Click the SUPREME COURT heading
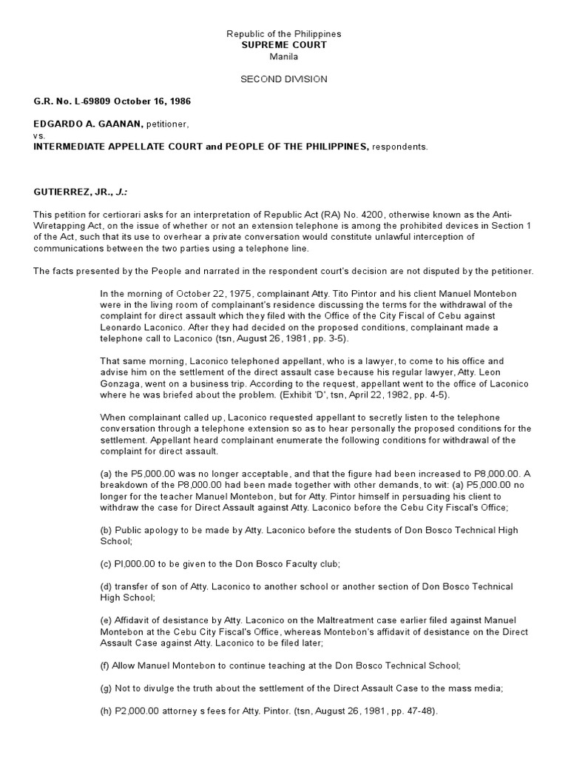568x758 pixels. (x=283, y=45)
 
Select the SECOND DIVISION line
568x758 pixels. (x=283, y=79)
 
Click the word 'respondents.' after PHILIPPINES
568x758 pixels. (x=399, y=147)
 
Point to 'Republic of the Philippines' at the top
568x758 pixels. (x=283, y=34)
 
